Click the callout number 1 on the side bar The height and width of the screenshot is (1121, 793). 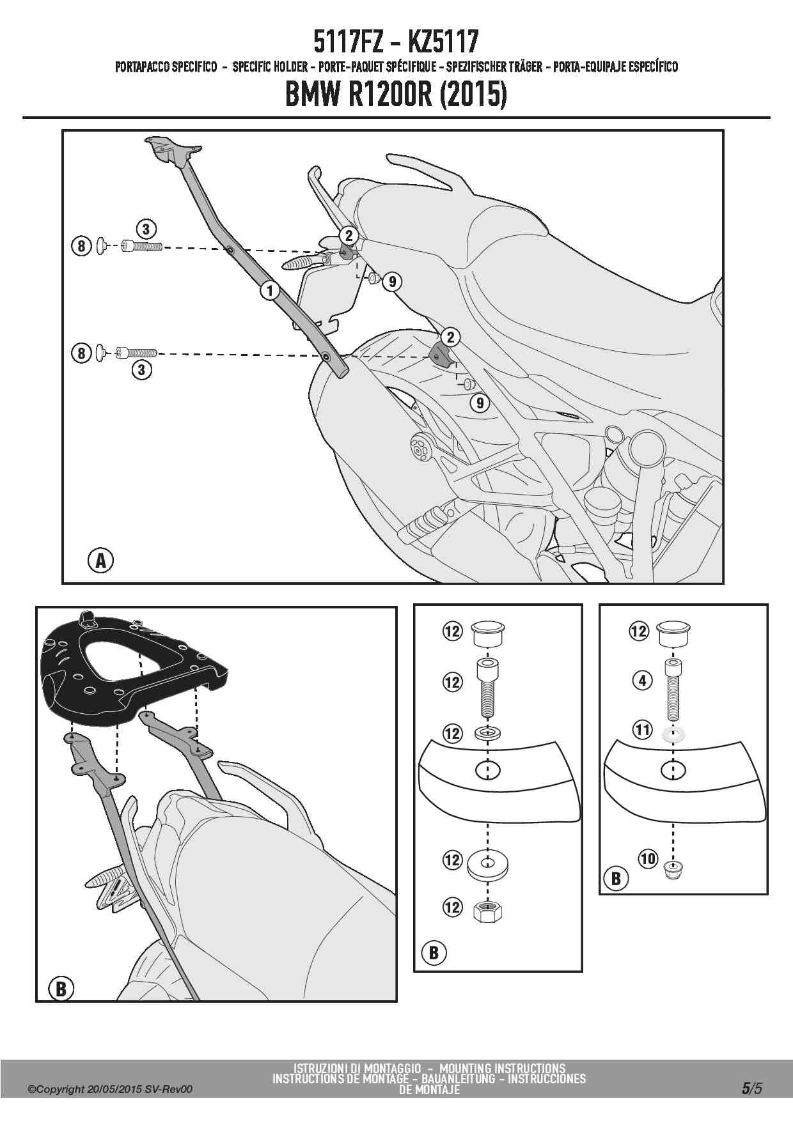click(270, 291)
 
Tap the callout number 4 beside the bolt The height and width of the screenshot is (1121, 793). click(642, 681)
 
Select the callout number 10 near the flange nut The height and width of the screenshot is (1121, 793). click(648, 858)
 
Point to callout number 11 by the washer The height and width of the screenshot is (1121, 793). click(642, 729)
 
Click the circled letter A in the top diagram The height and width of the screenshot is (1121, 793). click(100, 560)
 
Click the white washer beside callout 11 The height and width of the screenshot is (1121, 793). click(672, 732)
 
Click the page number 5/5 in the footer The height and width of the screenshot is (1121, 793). click(751, 1087)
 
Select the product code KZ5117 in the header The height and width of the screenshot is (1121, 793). click(443, 42)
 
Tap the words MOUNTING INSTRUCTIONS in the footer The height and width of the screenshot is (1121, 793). click(502, 1068)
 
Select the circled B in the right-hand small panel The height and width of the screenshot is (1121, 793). click(615, 878)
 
